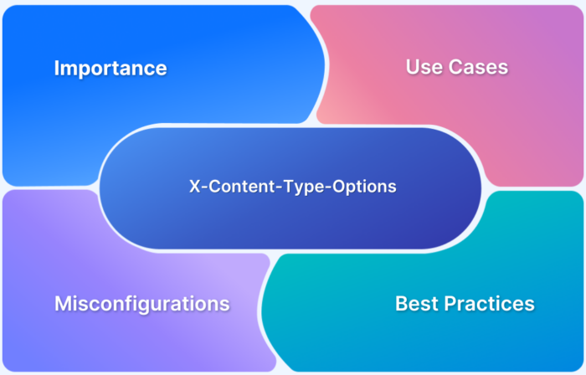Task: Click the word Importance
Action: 111,68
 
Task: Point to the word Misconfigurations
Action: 141,303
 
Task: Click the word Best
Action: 416,303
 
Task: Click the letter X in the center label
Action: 193,187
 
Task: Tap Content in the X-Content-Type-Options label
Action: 233,187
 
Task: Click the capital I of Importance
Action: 57,68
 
